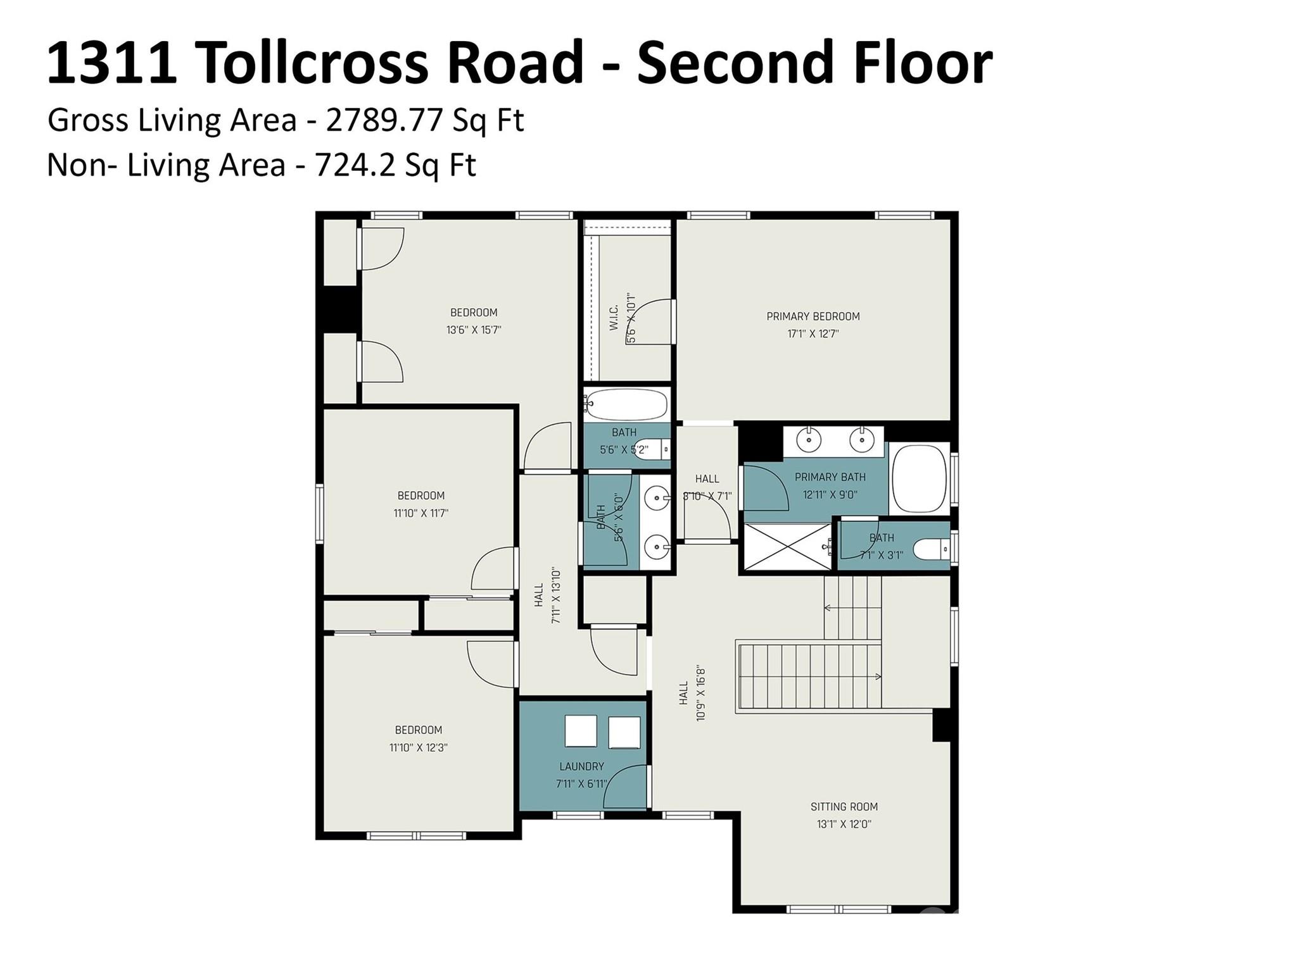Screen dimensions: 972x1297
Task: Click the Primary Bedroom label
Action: pos(813,316)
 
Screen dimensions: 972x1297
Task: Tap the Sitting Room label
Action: pos(844,807)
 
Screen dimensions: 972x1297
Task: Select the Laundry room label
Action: pos(581,766)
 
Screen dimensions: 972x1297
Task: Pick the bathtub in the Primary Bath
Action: pos(920,479)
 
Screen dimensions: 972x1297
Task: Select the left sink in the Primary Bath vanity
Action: pos(809,439)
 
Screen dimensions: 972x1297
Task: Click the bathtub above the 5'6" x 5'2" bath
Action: pos(626,404)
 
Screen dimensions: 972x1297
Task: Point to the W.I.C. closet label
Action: pos(614,318)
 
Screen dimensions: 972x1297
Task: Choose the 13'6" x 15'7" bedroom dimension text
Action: pos(473,330)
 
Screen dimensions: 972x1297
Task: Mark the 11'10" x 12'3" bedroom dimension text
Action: pos(418,747)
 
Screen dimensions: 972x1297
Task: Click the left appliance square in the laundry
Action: pos(581,732)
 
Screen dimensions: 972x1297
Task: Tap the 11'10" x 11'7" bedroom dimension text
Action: pos(421,513)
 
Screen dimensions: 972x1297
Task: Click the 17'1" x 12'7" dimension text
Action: pos(813,334)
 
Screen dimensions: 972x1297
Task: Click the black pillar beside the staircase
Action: pos(941,725)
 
